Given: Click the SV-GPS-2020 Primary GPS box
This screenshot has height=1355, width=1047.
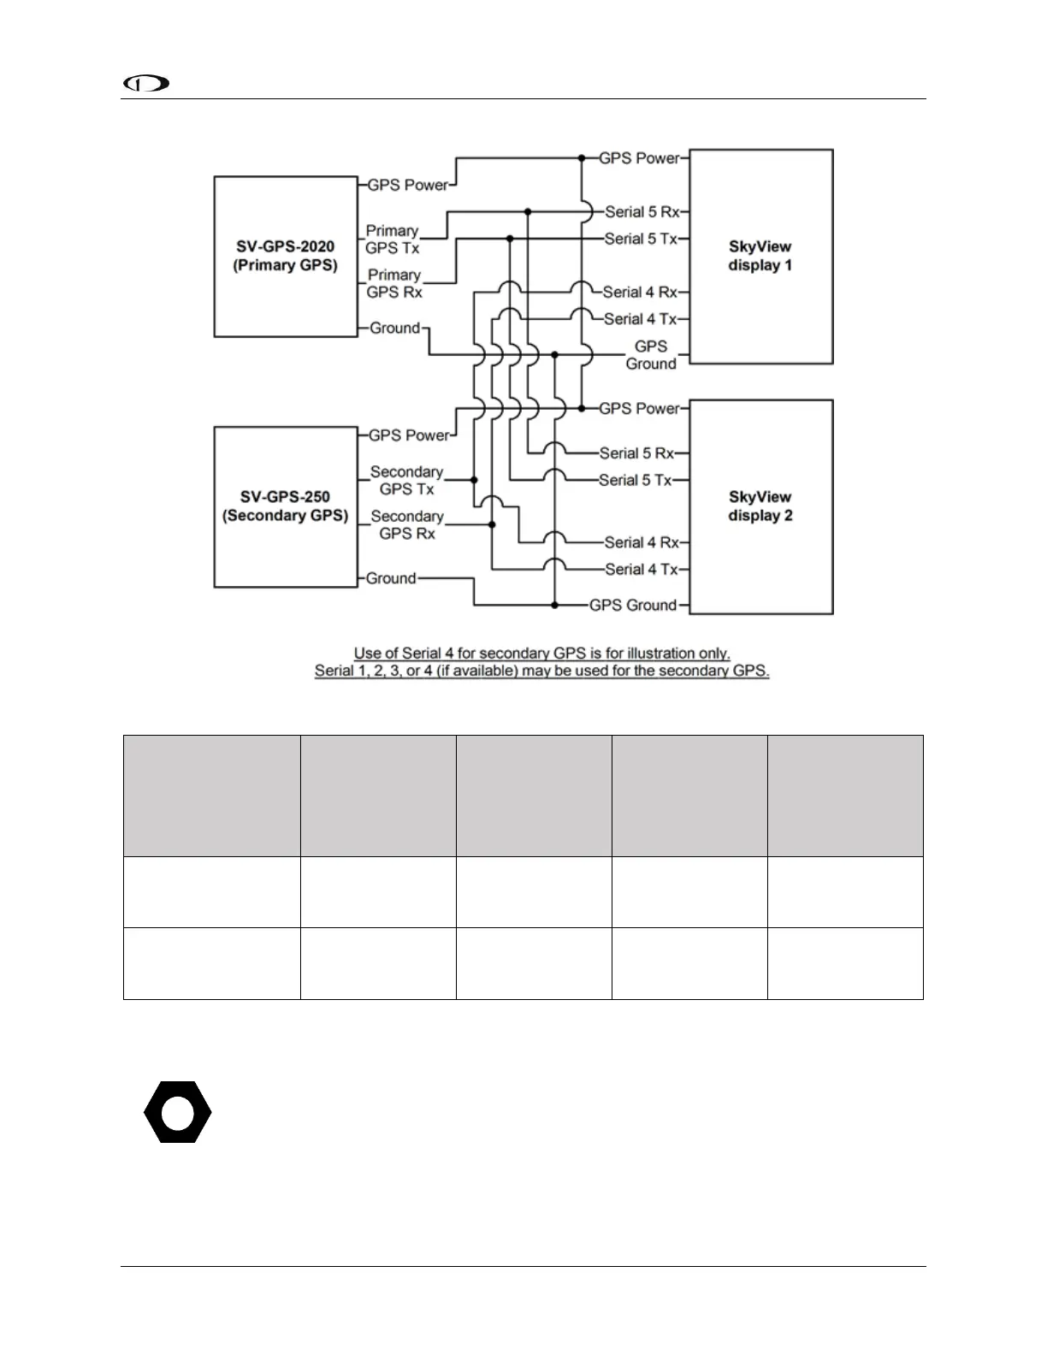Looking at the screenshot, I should click(x=285, y=257).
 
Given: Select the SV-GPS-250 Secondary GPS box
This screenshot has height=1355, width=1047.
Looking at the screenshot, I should click(x=285, y=506).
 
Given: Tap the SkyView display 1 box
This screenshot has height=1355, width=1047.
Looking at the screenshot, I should click(x=760, y=257).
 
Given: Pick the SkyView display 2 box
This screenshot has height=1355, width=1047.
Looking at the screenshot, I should click(x=760, y=506).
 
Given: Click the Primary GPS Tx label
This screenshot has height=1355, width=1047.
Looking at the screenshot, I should click(x=392, y=240).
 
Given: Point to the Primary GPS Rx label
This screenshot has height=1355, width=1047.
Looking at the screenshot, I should click(x=393, y=284).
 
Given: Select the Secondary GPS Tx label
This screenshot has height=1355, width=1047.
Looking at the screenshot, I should click(x=406, y=481).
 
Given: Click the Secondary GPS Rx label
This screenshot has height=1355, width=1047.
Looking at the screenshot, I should click(x=406, y=525).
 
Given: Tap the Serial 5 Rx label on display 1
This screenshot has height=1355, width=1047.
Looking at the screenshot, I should click(x=642, y=211).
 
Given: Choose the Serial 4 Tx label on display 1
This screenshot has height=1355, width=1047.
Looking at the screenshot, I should click(x=640, y=319).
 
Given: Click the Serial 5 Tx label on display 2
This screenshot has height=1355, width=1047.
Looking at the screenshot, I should click(x=636, y=480).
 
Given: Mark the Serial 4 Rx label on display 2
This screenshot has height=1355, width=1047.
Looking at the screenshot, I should click(x=641, y=542).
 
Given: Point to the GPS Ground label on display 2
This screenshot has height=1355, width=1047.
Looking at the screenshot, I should click(x=633, y=605).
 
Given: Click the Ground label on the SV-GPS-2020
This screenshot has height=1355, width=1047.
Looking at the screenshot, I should click(x=394, y=328).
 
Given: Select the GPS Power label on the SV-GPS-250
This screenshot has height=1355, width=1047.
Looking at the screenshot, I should click(x=409, y=435).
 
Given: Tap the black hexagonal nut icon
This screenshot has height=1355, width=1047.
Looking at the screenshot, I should click(x=177, y=1112).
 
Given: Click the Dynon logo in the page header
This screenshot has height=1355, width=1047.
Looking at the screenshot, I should click(x=145, y=84).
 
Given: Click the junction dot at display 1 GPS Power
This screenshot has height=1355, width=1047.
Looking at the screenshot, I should click(x=582, y=158).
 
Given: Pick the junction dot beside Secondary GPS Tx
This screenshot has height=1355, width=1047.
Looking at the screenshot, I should click(x=474, y=480).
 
